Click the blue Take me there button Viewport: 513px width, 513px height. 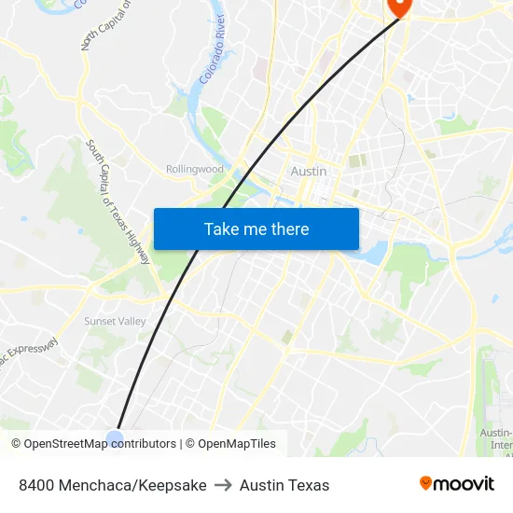[x=256, y=229]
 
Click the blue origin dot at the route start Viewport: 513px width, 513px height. [x=115, y=437]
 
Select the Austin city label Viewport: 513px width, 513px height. [x=309, y=172]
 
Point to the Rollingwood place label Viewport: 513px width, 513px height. [x=195, y=169]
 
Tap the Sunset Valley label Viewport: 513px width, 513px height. [x=115, y=321]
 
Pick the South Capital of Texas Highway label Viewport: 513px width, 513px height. [x=118, y=201]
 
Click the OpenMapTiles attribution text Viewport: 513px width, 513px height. [x=237, y=444]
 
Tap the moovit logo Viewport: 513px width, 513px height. [x=457, y=484]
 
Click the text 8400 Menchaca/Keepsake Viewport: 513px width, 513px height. [x=113, y=485]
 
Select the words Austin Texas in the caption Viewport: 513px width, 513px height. [x=284, y=485]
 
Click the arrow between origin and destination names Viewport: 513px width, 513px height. [x=223, y=485]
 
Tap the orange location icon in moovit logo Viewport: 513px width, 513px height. [x=426, y=483]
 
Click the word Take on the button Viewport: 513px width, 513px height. [x=221, y=229]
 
